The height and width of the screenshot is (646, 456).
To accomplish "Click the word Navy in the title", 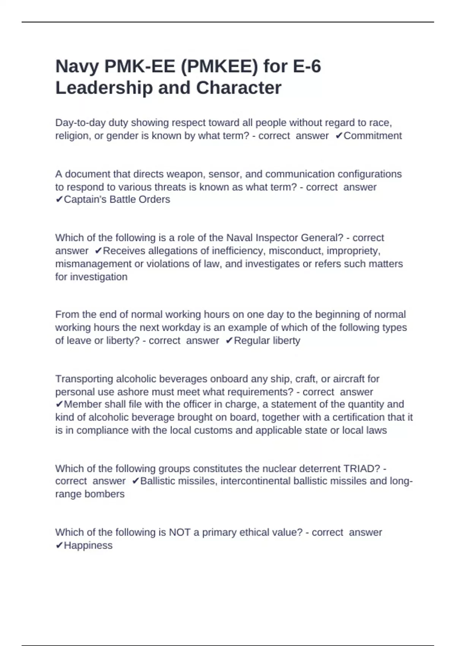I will click(x=77, y=66).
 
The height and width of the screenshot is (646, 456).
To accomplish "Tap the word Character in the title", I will click(x=238, y=88).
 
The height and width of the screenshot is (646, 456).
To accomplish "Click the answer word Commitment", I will click(x=372, y=136).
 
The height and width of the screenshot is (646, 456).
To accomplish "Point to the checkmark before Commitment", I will click(x=339, y=136).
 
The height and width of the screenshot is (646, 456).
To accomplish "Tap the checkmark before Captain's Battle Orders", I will click(x=59, y=199).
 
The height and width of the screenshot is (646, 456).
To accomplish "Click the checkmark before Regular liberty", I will click(x=229, y=341).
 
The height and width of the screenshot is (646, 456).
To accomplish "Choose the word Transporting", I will click(x=84, y=379).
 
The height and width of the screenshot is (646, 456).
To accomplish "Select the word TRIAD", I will click(x=358, y=469).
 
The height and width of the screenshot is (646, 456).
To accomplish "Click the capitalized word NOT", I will click(x=179, y=532).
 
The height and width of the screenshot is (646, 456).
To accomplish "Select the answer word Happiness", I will click(x=88, y=546).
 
